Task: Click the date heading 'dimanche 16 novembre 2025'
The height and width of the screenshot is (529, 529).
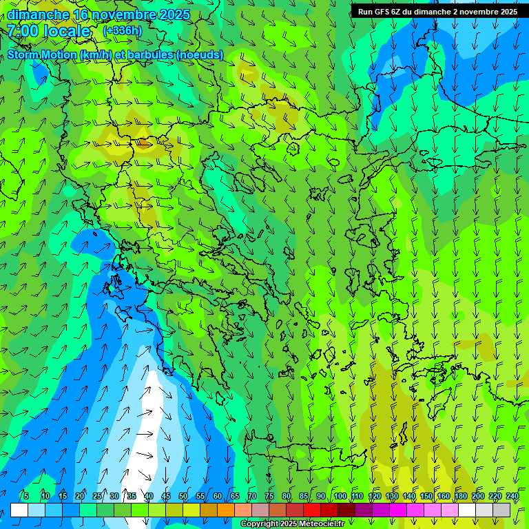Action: [x=98, y=14]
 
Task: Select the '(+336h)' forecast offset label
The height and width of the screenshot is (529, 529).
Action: [x=122, y=31]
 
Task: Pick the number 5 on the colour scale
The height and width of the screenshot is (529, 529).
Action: [x=26, y=497]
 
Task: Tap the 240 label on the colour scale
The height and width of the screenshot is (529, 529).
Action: [x=512, y=497]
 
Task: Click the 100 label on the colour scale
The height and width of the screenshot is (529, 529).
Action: [x=340, y=497]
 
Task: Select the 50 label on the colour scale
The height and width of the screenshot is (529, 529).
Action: [x=183, y=497]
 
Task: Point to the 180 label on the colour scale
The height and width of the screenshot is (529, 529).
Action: [x=460, y=497]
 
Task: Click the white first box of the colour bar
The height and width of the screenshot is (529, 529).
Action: [x=19, y=510]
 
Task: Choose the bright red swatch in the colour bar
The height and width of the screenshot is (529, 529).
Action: [x=312, y=510]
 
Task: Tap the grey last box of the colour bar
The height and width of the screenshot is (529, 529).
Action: [x=501, y=510]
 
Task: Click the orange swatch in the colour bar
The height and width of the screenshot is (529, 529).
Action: [x=226, y=510]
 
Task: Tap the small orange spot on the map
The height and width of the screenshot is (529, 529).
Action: [x=144, y=143]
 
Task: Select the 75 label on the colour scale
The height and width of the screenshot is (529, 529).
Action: [x=269, y=497]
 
